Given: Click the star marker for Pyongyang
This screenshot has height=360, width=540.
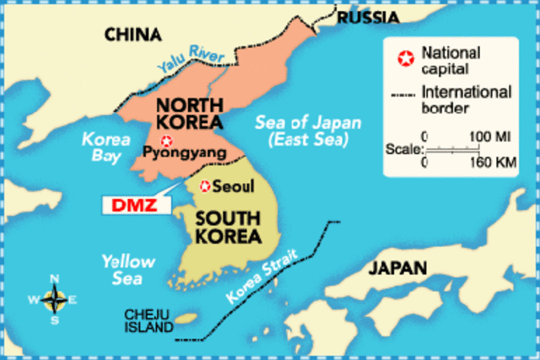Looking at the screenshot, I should point(166,141).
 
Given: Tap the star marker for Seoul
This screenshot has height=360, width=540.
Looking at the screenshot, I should point(205,185).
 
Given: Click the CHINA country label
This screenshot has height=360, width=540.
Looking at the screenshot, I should point(132,35).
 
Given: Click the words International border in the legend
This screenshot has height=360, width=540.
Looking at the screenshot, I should point(465,100).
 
